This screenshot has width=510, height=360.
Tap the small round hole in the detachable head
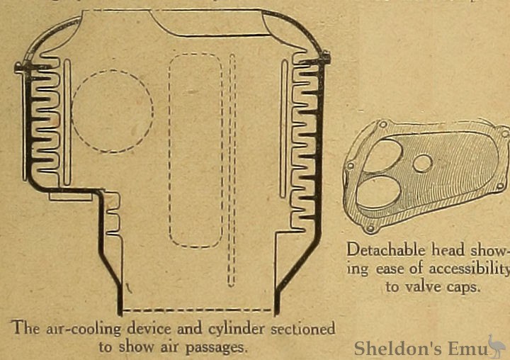tap(422, 164)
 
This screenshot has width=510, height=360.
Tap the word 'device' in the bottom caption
tap(146, 329)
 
